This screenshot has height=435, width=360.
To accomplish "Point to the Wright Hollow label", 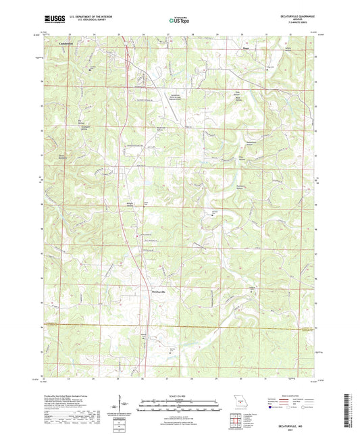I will [130, 203].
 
